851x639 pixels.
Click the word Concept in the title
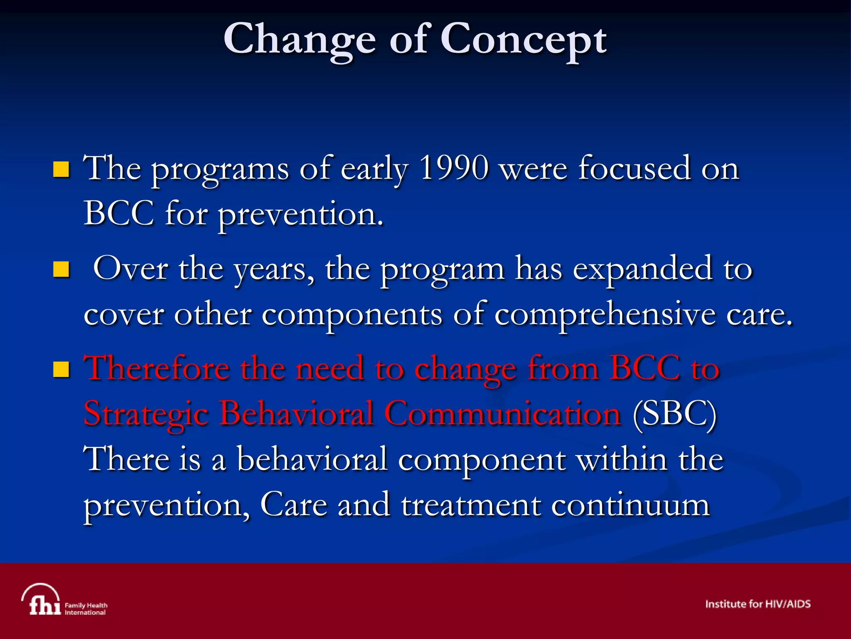coord(523,40)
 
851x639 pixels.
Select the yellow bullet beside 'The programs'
coord(61,169)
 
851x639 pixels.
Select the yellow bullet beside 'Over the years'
coord(61,269)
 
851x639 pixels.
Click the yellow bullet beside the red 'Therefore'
coord(61,369)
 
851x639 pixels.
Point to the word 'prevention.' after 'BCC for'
coord(300,215)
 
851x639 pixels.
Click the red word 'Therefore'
coord(156,368)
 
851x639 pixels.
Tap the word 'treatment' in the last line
coord(471,505)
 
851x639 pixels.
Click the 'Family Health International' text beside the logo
coord(86,609)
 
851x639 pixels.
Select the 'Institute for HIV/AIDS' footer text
coord(758,604)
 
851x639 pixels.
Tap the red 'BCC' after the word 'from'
coord(645,368)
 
